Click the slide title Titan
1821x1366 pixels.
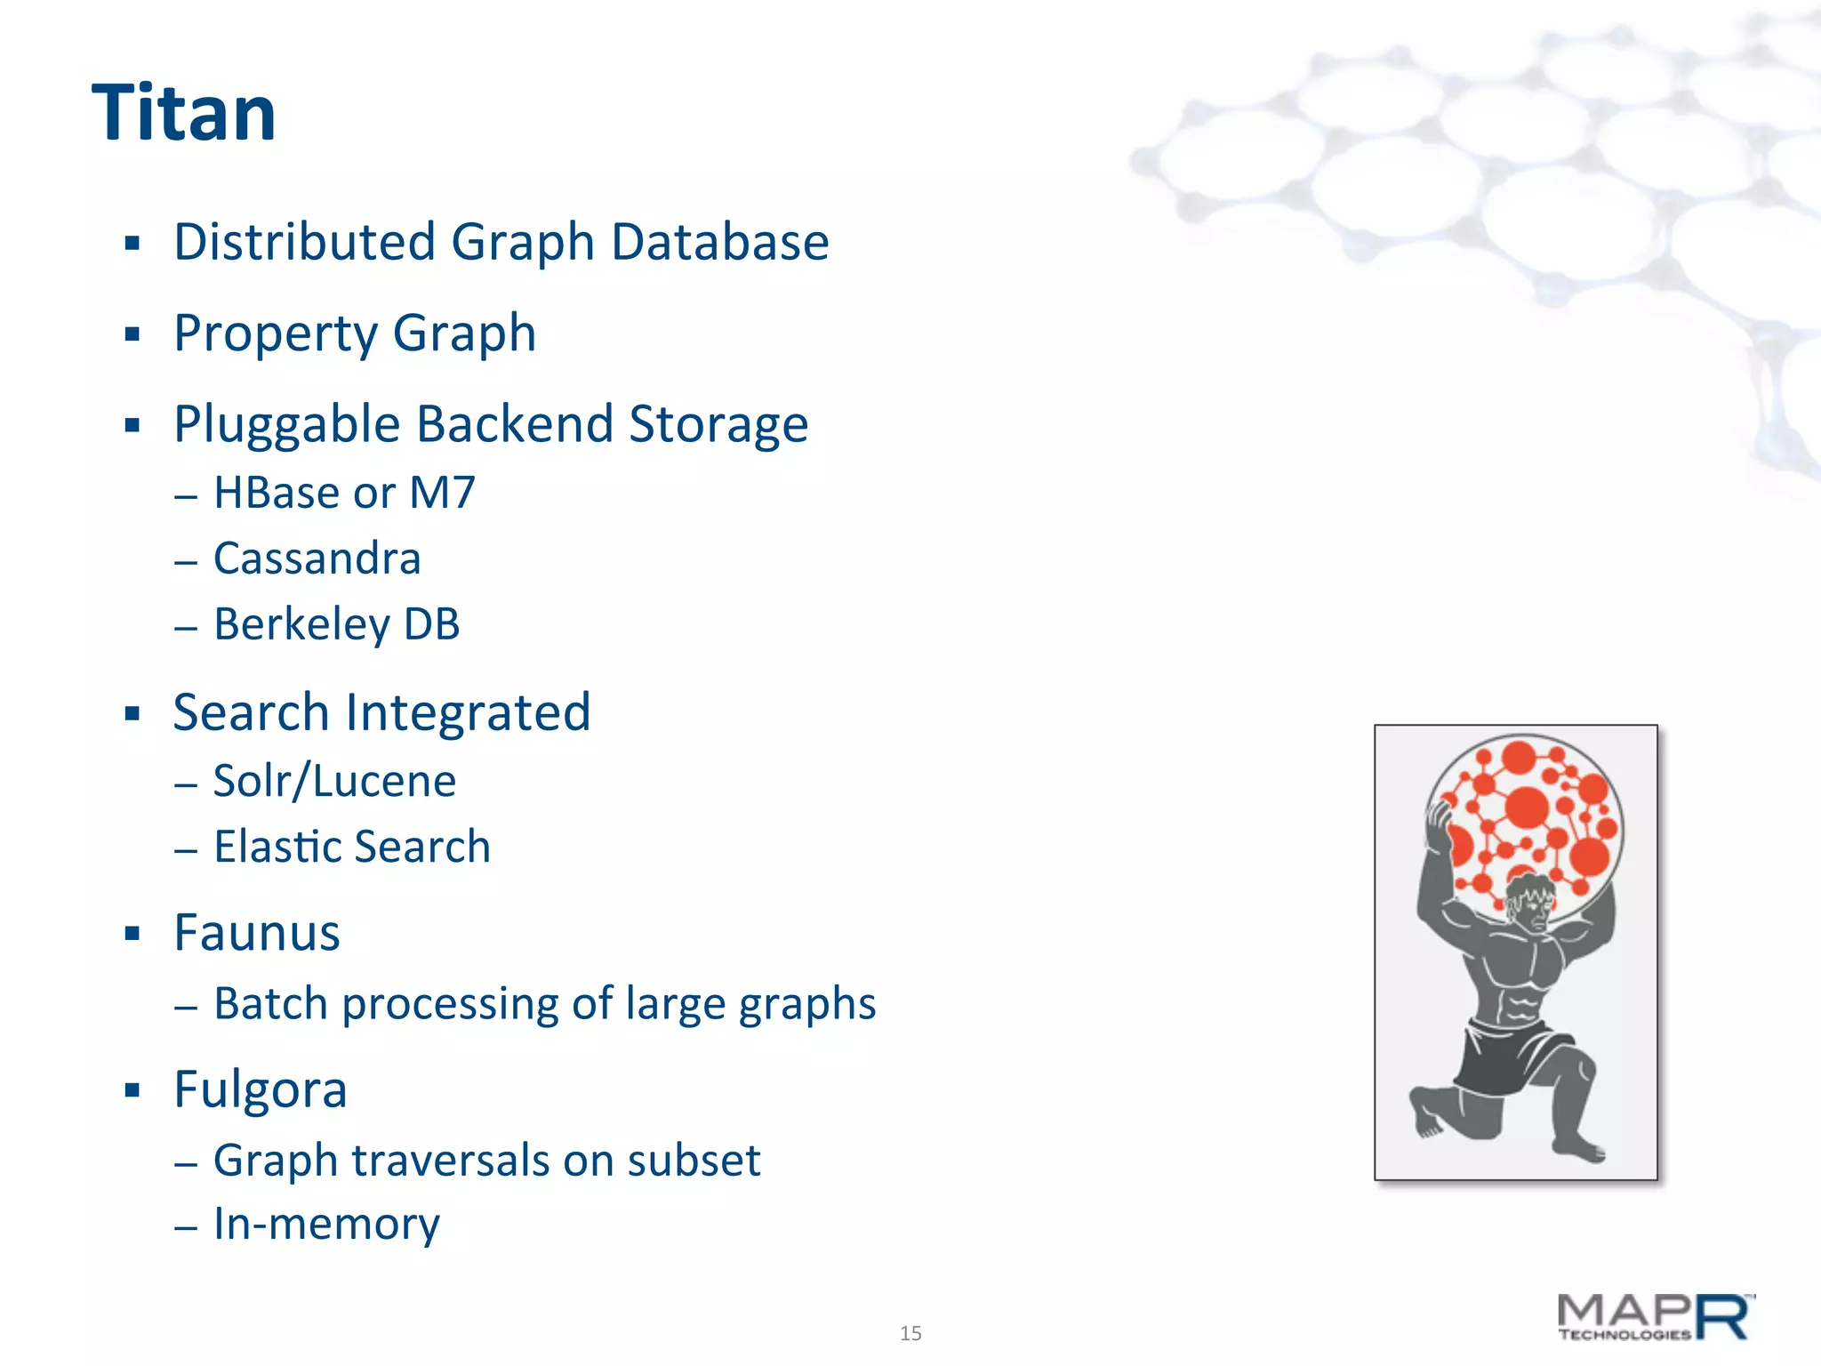[184, 113]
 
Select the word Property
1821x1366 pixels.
[276, 333]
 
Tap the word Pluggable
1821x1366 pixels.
[287, 424]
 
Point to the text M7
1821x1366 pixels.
[442, 493]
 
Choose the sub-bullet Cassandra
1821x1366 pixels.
[317, 558]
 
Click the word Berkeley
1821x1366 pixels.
[301, 624]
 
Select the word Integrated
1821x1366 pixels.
[468, 712]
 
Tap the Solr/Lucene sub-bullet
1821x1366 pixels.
[334, 781]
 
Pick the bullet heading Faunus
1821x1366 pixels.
[257, 933]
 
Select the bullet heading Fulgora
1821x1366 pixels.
[260, 1089]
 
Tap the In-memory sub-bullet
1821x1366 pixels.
[326, 1224]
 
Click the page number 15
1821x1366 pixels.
[910, 1333]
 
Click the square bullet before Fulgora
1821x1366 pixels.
[132, 1090]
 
